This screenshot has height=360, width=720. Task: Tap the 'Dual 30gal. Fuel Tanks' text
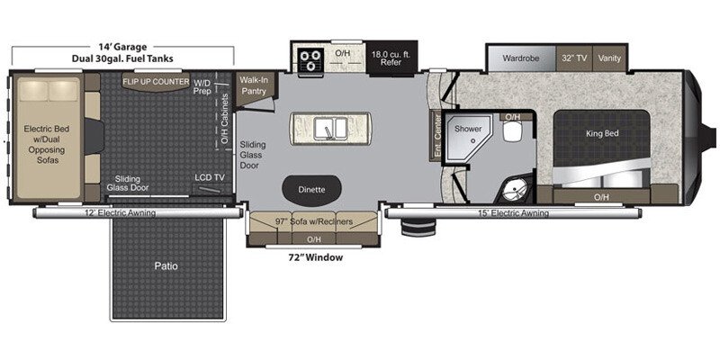tap(124, 58)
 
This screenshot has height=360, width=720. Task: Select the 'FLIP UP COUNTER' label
tap(157, 82)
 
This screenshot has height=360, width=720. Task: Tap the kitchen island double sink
tap(329, 129)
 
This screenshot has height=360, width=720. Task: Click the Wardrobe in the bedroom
tap(520, 57)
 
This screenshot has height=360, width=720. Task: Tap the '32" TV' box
tap(575, 57)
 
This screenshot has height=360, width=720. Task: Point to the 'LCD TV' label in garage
tap(209, 178)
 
